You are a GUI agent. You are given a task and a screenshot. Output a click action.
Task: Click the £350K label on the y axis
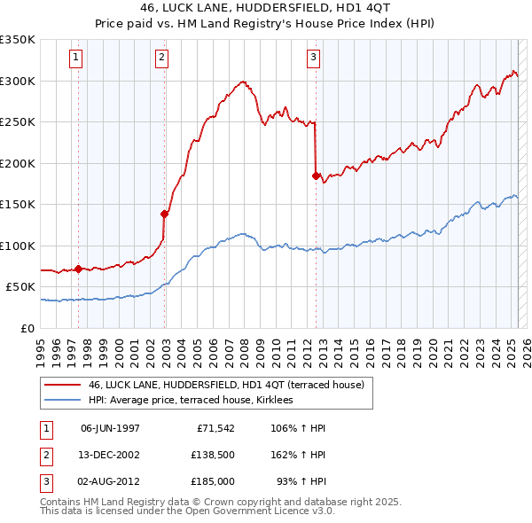(x=18, y=40)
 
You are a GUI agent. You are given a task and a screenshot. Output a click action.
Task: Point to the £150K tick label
(x=18, y=205)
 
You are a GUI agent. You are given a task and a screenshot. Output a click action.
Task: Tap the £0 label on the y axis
(x=27, y=328)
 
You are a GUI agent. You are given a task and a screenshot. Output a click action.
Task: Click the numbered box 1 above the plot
(x=77, y=59)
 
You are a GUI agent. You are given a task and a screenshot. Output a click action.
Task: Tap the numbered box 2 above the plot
(x=162, y=59)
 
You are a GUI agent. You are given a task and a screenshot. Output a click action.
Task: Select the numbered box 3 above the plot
(x=314, y=59)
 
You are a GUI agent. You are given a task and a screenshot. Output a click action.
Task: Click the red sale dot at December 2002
(x=164, y=213)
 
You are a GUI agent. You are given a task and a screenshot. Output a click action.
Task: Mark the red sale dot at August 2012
(x=316, y=176)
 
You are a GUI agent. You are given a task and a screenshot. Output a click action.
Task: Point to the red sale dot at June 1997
(x=78, y=269)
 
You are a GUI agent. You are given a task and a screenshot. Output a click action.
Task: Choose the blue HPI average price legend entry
(x=196, y=401)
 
